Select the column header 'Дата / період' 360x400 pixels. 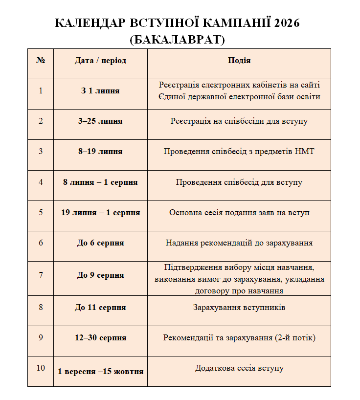(x=100, y=61)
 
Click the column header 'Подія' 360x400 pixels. (x=239, y=61)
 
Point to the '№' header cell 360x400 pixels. (x=41, y=61)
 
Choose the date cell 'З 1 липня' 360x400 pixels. (x=100, y=91)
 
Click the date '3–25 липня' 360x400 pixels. (x=100, y=121)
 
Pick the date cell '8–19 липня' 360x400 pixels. (x=100, y=152)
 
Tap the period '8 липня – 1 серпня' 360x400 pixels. (x=100, y=182)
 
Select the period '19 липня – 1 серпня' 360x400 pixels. (x=100, y=213)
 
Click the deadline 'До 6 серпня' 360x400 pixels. (x=100, y=243)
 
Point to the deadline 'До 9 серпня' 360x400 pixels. (x=100, y=275)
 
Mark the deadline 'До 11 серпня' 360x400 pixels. (x=100, y=308)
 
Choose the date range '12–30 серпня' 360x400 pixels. (x=100, y=338)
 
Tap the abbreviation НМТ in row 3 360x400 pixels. (x=305, y=152)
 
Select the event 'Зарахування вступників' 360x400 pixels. (x=239, y=308)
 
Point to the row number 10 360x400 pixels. (x=41, y=368)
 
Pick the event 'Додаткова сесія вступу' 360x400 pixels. (x=239, y=368)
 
